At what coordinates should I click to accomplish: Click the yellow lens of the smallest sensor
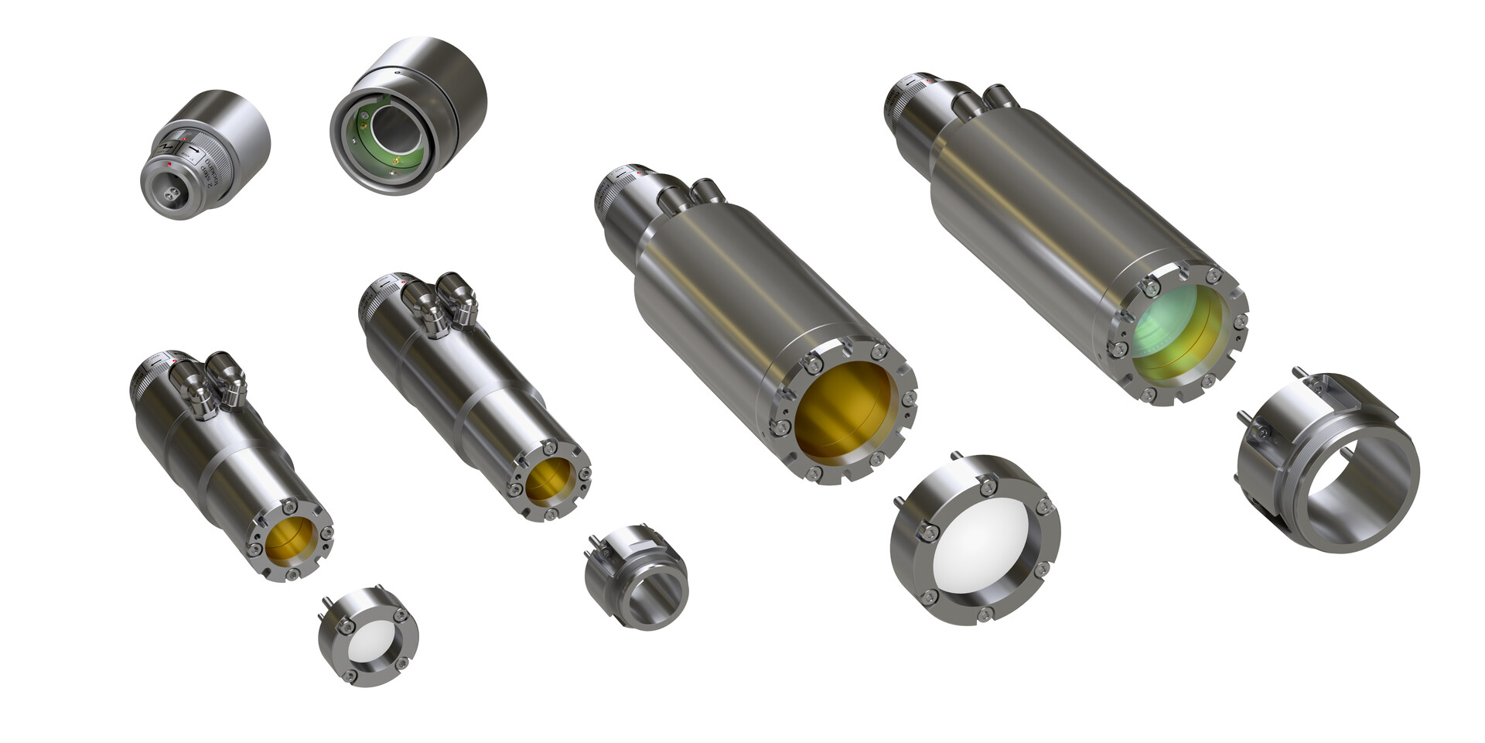pos(291,539)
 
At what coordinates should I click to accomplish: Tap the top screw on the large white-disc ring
pos(986,486)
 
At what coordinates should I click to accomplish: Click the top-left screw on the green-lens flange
pos(1151,288)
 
